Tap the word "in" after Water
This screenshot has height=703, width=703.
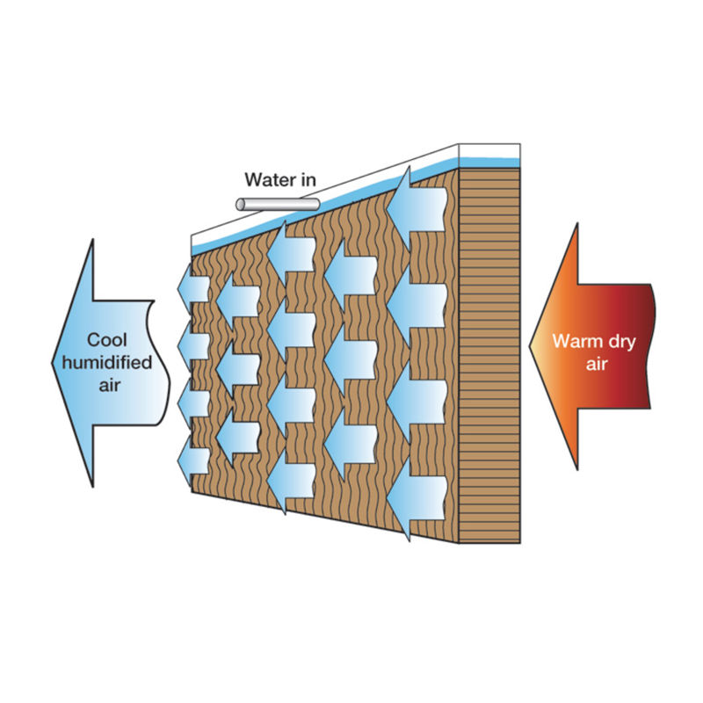click(x=307, y=181)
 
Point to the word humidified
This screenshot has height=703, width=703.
click(x=110, y=361)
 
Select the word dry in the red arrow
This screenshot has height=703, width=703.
click(x=620, y=342)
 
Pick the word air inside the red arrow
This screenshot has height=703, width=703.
click(x=597, y=362)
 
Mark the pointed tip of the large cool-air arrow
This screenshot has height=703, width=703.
click(x=55, y=362)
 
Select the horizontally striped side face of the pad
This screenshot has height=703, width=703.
click(x=489, y=351)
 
